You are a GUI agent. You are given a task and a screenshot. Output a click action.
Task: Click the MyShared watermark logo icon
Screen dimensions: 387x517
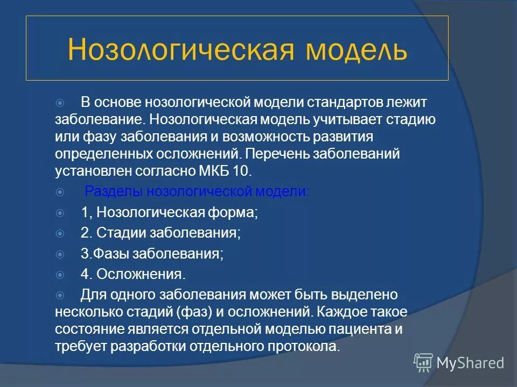tap(423, 363)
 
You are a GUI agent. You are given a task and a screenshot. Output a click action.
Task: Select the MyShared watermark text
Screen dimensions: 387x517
tap(470, 363)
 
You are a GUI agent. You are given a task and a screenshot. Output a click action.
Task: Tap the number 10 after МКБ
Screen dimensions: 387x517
tap(241, 171)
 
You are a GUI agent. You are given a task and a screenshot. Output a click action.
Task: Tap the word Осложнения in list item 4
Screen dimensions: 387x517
tap(141, 274)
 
